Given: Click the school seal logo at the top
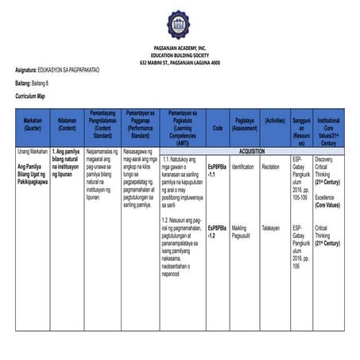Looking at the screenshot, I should click(180, 26).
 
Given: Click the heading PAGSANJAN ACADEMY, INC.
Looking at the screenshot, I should click(180, 49).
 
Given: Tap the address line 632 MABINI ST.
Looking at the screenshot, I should click(180, 62).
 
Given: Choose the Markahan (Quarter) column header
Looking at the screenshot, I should click(33, 124).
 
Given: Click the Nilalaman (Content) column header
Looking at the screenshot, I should click(68, 124).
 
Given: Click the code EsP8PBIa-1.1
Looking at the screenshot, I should click(217, 170).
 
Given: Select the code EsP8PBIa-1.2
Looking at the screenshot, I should click(217, 232).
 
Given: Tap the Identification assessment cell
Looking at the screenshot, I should click(242, 167).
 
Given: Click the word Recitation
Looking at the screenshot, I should click(270, 167).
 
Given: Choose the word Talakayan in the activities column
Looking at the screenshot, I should click(270, 228).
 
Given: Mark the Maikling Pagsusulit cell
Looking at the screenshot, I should click(244, 232).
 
